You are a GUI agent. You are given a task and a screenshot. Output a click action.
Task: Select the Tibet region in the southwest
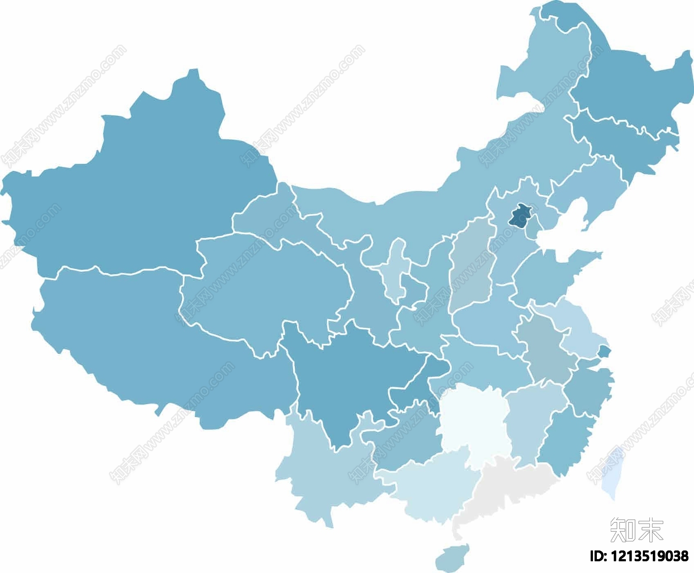(152, 347)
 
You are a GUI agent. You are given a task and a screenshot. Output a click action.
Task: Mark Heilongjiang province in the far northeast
(629, 87)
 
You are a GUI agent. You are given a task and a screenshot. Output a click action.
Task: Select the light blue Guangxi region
(429, 486)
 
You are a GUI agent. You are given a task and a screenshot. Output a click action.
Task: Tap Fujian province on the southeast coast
(564, 438)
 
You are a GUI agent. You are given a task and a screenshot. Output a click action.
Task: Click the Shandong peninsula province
(547, 273)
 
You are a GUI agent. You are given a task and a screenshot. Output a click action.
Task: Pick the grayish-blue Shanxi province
(473, 269)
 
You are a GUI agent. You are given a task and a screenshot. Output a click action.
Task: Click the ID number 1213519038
(638, 556)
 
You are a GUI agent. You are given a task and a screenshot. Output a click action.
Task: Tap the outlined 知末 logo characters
(637, 530)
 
